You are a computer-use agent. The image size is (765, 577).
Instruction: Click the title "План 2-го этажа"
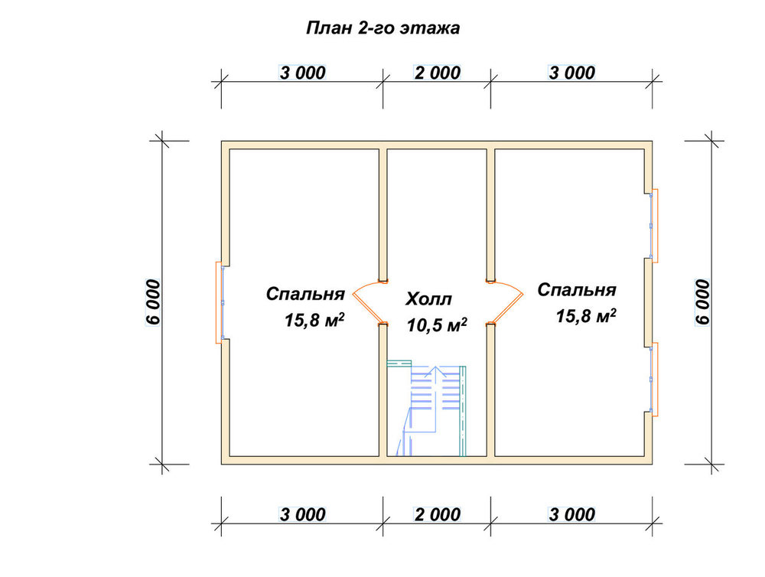383,28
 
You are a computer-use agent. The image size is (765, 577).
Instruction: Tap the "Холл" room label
429,298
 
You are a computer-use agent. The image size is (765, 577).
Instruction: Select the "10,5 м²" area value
437,324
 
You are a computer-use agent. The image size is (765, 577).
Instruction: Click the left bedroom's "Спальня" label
305,294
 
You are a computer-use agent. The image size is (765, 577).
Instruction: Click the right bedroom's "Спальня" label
577,290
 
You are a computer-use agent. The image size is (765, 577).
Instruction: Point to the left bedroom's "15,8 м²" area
314,320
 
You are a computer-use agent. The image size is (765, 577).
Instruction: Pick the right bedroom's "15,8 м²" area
586,316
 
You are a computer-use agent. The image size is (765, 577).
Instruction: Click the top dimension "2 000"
437,73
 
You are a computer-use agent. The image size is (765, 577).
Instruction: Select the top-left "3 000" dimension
302,73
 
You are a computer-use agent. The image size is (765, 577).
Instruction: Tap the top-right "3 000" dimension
571,73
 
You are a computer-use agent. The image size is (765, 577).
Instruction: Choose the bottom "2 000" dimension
437,514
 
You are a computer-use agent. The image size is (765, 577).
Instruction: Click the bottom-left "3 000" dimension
302,514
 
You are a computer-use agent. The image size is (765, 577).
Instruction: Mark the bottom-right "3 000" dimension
571,514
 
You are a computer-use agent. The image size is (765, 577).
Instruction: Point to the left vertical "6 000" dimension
153,302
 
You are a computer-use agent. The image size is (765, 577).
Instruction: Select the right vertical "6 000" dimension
702,302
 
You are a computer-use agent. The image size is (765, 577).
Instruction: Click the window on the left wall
220,302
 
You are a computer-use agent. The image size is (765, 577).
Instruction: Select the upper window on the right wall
653,226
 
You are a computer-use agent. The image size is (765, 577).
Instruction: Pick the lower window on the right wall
653,380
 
